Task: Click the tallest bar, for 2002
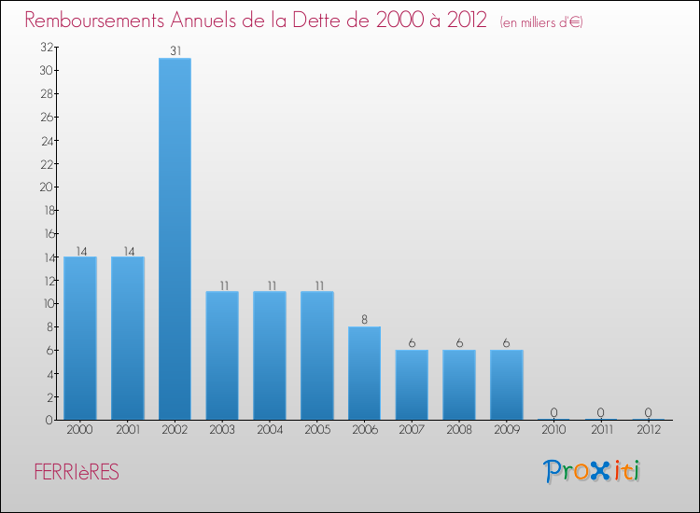point(175,239)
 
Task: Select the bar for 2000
point(80,338)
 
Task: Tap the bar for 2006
point(364,373)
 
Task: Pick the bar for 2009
point(507,384)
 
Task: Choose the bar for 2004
point(270,355)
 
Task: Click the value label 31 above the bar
point(175,50)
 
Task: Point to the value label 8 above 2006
point(364,319)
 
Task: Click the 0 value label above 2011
point(601,412)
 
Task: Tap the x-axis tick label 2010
point(553,430)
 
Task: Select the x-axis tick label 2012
point(649,430)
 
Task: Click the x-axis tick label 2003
point(222,430)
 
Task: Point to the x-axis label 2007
point(412,430)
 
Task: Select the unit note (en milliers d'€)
point(541,22)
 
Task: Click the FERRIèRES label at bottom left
point(77,473)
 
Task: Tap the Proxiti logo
point(593,471)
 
